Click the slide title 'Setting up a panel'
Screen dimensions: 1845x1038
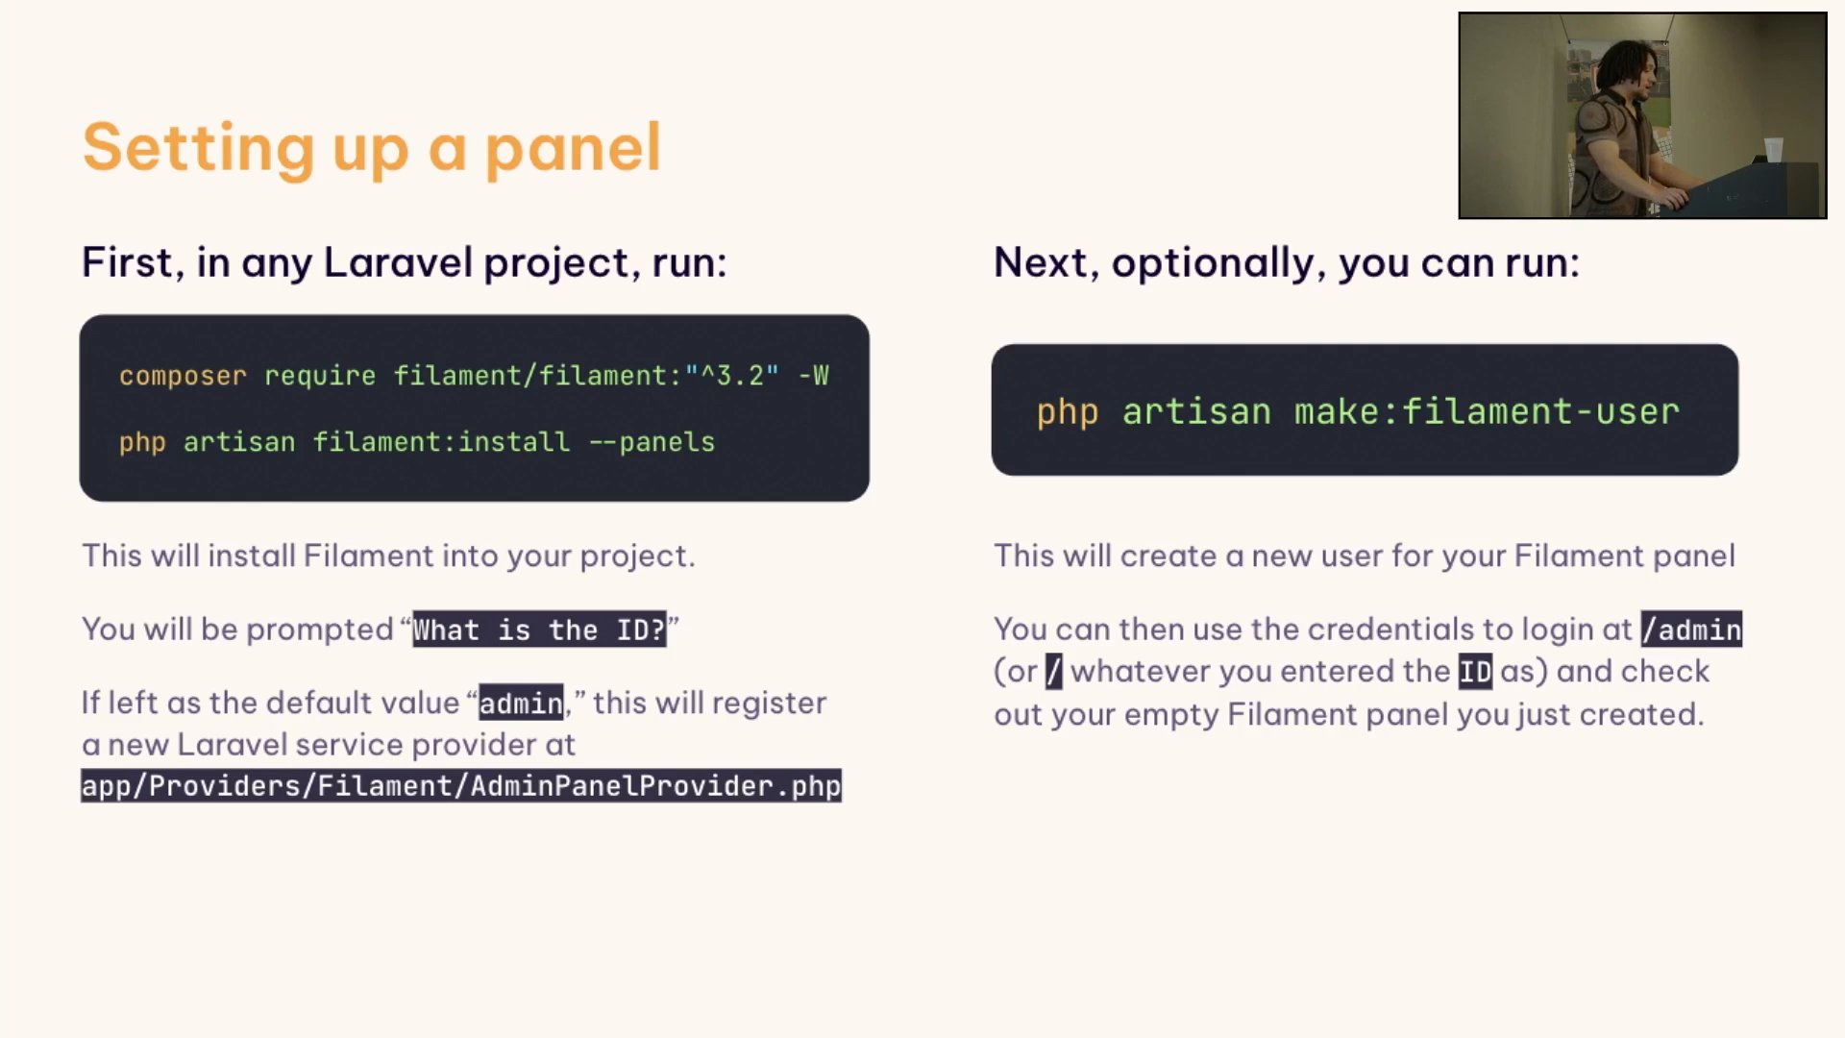click(x=372, y=148)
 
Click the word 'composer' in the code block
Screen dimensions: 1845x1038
click(x=183, y=376)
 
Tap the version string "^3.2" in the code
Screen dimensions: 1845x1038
click(x=732, y=375)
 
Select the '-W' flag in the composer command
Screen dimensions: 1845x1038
click(x=814, y=375)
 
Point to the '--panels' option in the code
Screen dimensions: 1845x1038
click(x=652, y=442)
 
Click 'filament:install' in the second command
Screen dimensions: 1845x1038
click(x=441, y=442)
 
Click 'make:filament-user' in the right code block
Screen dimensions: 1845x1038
click(x=1487, y=411)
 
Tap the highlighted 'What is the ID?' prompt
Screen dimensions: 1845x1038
click(x=539, y=630)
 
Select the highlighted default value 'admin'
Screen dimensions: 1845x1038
click(x=521, y=704)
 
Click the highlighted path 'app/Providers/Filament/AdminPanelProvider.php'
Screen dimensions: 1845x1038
click(x=461, y=786)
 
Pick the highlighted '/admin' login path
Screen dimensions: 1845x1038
click(x=1691, y=630)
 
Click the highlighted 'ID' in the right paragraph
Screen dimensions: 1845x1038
click(x=1475, y=672)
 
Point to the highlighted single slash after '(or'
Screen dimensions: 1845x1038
click(x=1054, y=672)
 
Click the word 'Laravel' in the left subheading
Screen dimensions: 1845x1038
click(x=398, y=262)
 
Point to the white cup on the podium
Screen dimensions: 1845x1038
click(x=1774, y=150)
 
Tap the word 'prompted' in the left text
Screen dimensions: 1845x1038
click(x=319, y=630)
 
